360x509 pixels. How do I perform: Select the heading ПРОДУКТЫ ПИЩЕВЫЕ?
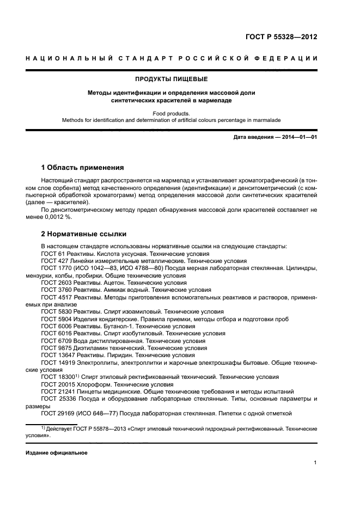pyautogui.click(x=172, y=79)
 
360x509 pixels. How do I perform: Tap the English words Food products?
pyautogui.click(x=172, y=114)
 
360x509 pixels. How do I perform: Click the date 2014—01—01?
pyautogui.click(x=299, y=137)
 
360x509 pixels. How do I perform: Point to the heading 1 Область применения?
pyautogui.click(x=82, y=167)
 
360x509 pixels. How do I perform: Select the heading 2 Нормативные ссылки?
pyautogui.click(x=84, y=234)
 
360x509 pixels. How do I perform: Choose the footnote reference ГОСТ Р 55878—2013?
pyautogui.click(x=101, y=429)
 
